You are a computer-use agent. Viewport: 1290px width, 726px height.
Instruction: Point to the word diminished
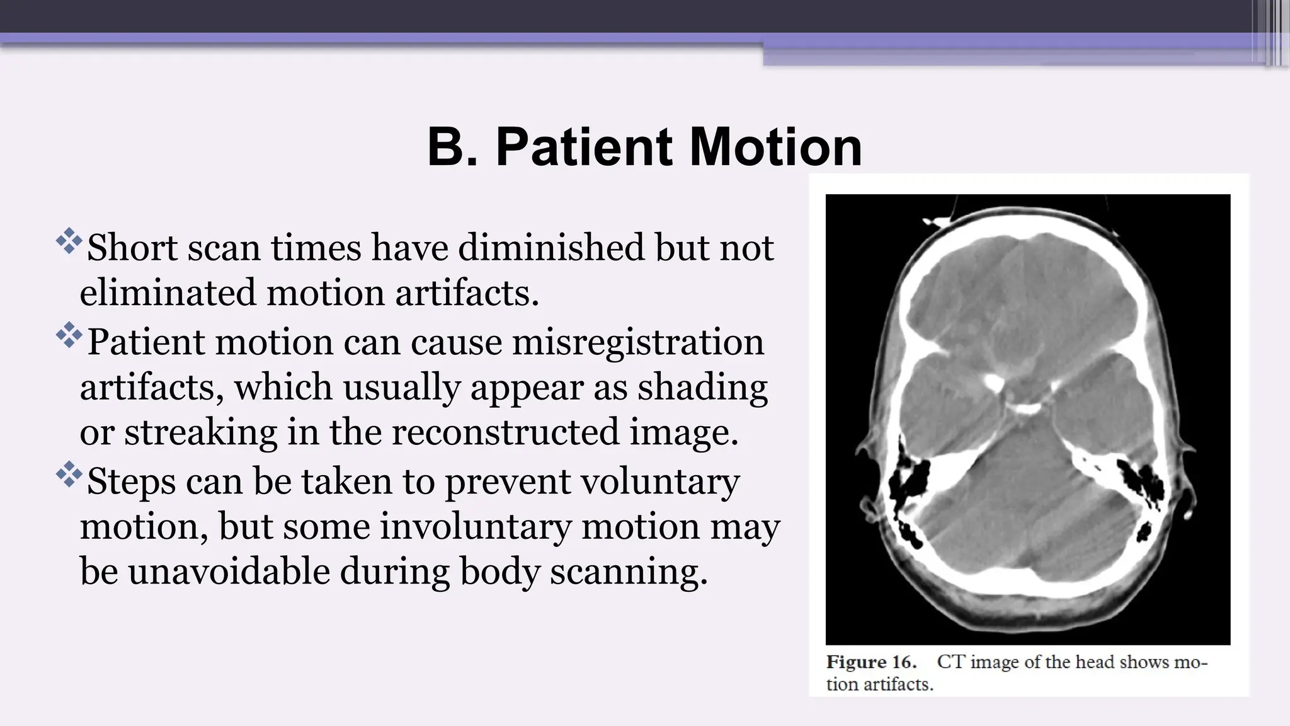point(551,248)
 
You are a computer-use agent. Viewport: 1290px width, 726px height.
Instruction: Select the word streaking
point(200,434)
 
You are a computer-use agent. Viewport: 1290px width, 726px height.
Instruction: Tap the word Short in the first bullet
point(132,248)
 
